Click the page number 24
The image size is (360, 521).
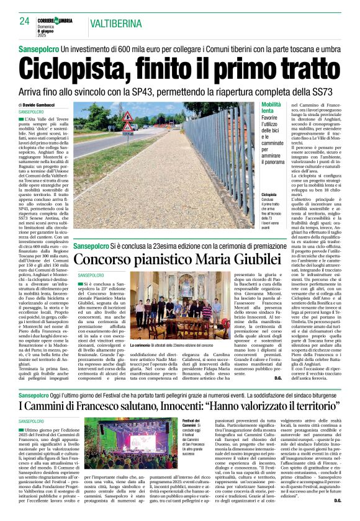[24, 21]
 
